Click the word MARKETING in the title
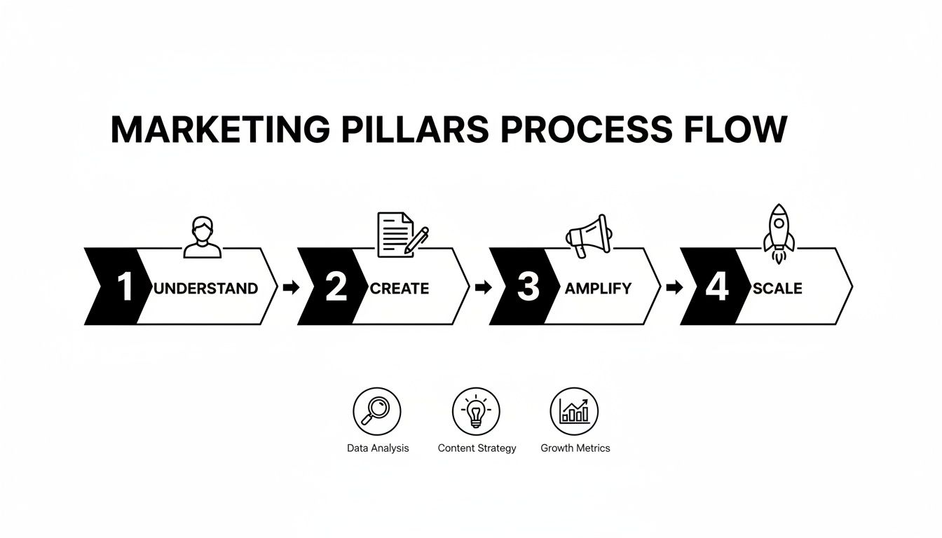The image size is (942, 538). tap(220, 130)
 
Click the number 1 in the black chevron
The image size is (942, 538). tap(125, 287)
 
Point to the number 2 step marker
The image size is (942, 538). tap(336, 287)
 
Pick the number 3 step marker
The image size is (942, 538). tap(527, 287)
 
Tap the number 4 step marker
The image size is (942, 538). tap(717, 287)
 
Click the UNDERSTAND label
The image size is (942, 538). tap(205, 288)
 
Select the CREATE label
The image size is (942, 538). tap(400, 288)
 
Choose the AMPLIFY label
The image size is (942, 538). tap(598, 288)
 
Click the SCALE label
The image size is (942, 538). tap(777, 288)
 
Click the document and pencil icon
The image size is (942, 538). tap(402, 235)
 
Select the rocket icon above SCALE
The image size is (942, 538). tap(779, 233)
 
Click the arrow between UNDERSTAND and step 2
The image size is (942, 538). tap(290, 287)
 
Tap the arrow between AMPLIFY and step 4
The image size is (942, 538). tap(674, 287)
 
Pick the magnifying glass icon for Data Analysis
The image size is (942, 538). tap(377, 411)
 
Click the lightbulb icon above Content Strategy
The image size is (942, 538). tap(476, 411)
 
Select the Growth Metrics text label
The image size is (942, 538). tap(575, 448)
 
